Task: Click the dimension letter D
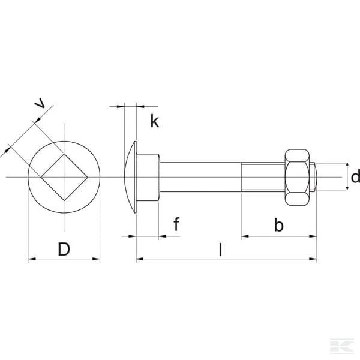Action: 64,249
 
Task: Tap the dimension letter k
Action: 155,121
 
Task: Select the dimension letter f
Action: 176,224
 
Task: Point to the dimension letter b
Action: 279,224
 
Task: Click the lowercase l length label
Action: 221,250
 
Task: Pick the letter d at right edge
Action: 356,176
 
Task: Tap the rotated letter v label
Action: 40,103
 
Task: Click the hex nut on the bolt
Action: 297,177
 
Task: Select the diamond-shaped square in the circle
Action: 64,177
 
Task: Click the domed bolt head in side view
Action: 130,177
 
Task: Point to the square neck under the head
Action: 148,177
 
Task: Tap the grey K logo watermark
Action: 342,345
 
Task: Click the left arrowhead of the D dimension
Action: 32,259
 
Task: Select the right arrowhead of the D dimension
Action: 96,259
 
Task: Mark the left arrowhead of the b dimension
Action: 245,236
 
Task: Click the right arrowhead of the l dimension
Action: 313,259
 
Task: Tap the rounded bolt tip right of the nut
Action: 315,177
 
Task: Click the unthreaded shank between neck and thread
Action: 200,177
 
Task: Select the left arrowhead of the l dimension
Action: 140,259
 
